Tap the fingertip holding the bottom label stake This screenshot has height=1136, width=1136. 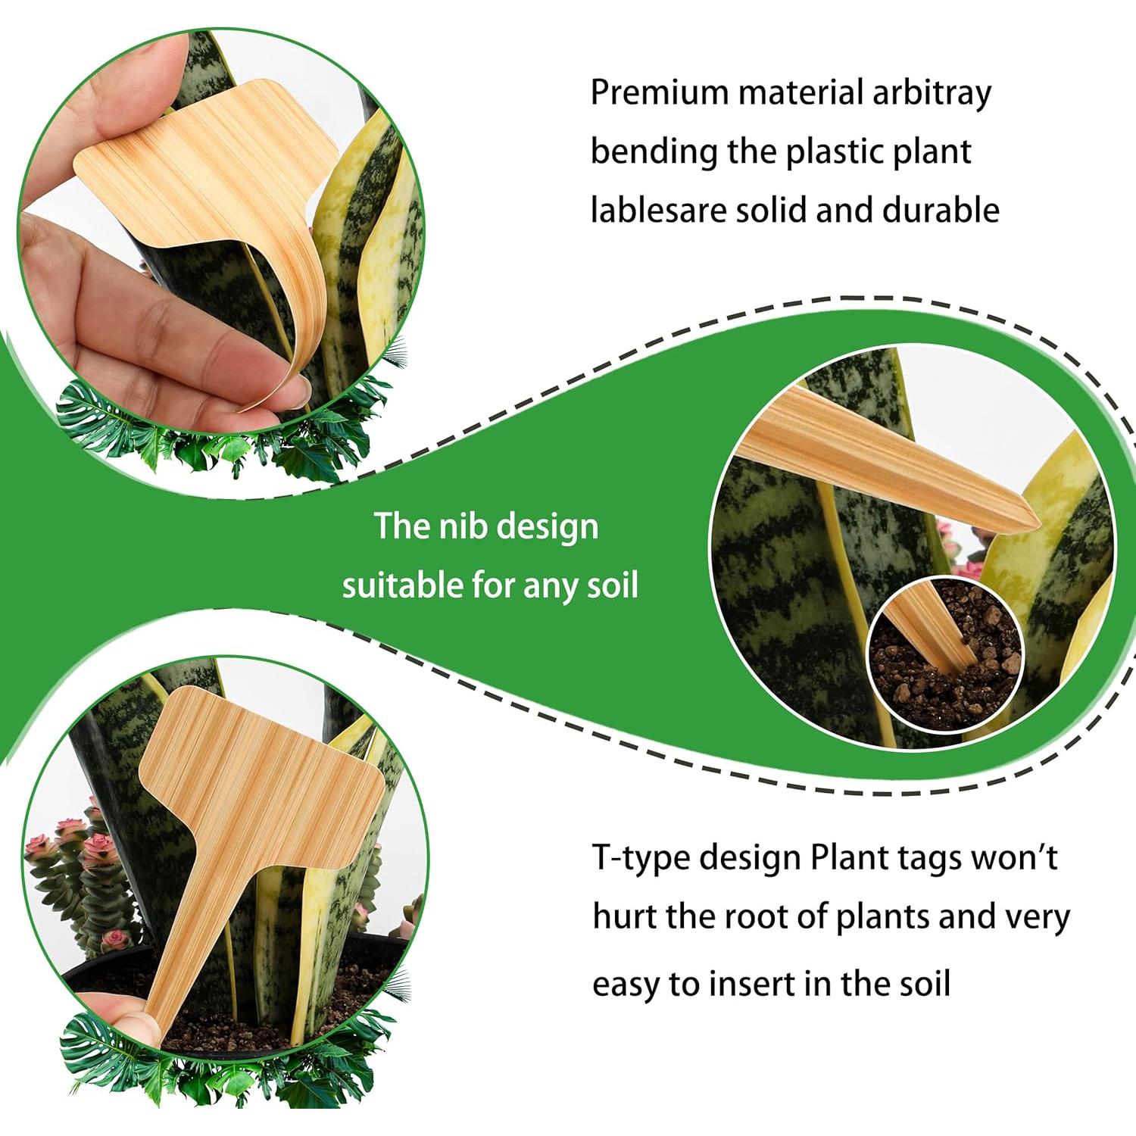(125, 1015)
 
